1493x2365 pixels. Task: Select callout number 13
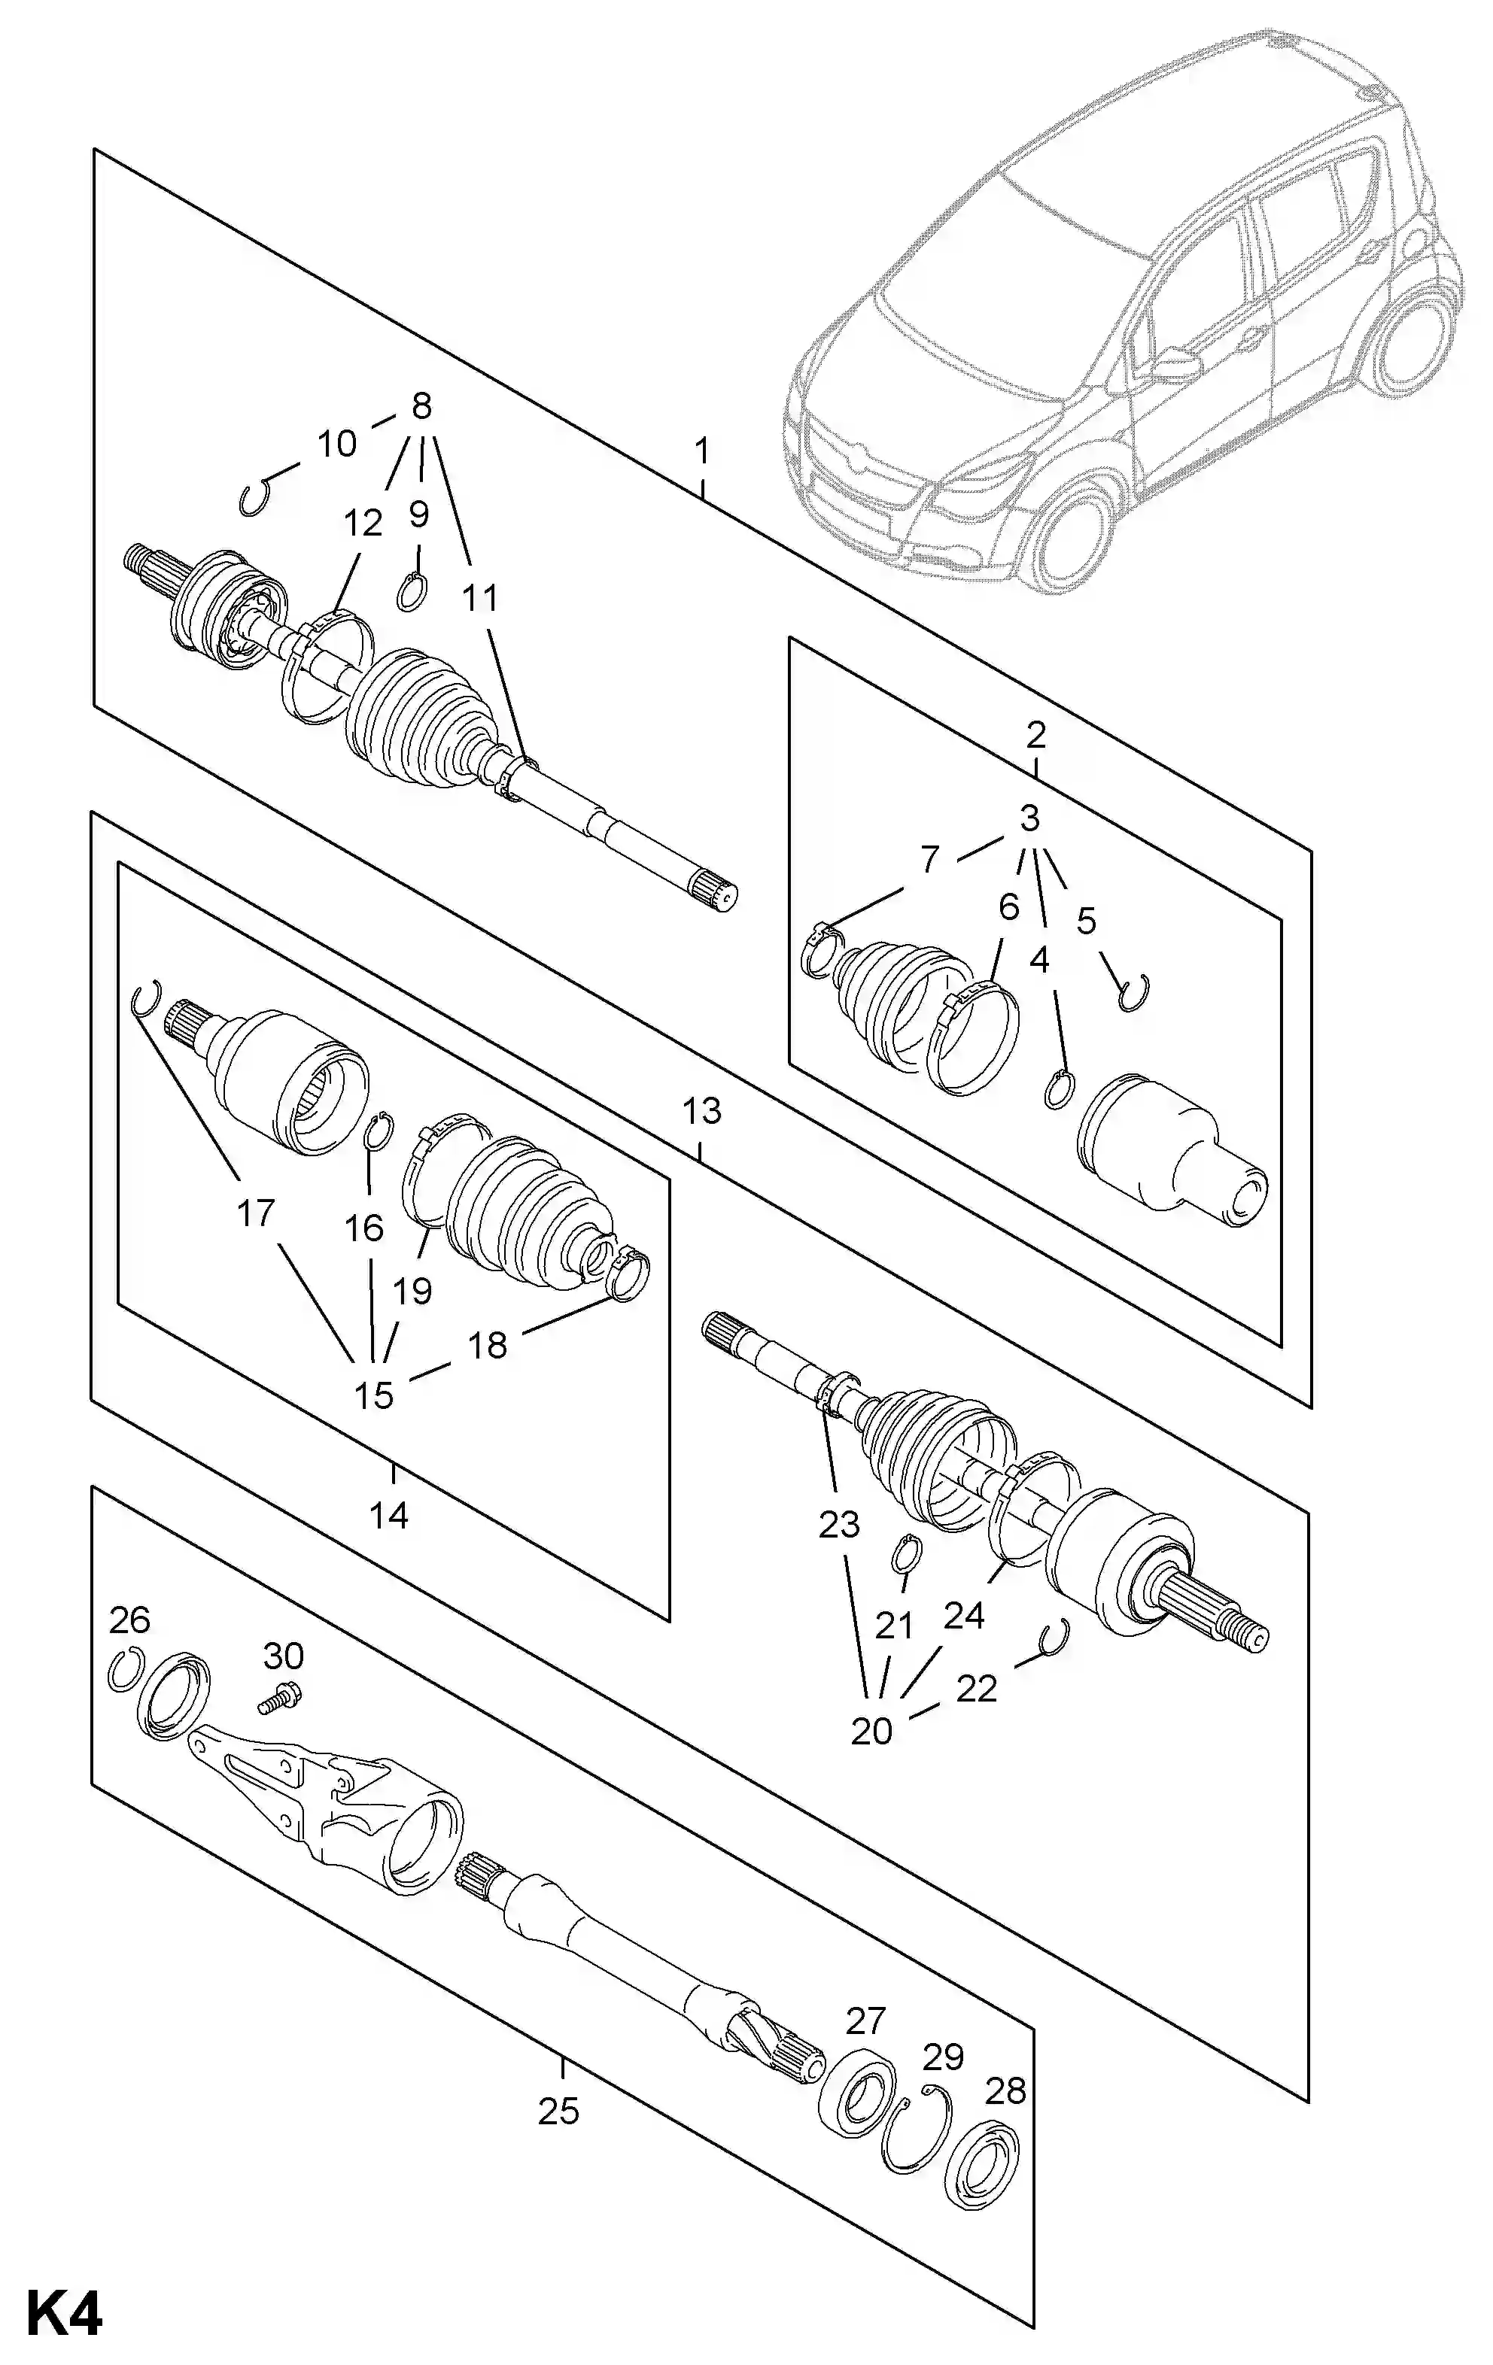pos(701,1111)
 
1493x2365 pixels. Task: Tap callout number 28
pos(1005,2092)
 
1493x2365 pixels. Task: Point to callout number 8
pos(421,405)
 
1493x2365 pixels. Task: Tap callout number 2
pos(1035,733)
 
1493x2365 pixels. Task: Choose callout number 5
pos(1084,921)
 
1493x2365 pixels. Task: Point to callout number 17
pos(255,1213)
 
